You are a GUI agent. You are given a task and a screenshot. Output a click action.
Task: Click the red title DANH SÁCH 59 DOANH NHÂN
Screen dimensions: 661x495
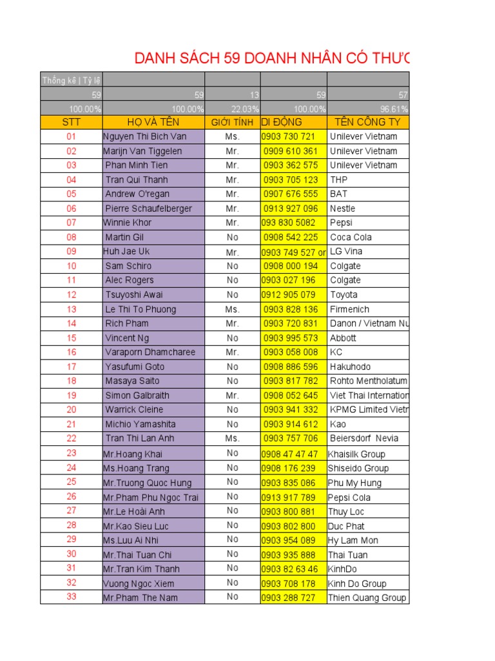(x=271, y=59)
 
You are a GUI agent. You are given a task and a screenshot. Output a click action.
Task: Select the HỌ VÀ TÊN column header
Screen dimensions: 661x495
(x=153, y=122)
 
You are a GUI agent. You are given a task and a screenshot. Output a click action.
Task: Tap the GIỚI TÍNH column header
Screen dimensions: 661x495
(x=233, y=122)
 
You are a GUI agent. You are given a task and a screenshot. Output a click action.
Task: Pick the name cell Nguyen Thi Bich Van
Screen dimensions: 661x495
(x=144, y=136)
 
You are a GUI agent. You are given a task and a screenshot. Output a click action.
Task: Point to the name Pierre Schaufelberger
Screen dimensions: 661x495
(x=148, y=208)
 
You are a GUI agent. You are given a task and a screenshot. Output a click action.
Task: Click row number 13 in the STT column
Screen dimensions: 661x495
(x=71, y=309)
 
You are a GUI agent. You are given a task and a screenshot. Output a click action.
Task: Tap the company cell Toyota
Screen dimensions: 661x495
(x=344, y=294)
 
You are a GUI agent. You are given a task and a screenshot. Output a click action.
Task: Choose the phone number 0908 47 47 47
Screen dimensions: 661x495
(x=289, y=454)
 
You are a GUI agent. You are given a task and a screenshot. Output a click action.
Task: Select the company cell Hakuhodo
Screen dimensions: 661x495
(x=352, y=367)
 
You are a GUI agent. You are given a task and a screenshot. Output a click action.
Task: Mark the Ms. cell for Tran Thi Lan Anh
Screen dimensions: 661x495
(x=233, y=438)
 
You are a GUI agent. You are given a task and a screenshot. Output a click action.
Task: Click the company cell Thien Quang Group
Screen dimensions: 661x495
(x=367, y=598)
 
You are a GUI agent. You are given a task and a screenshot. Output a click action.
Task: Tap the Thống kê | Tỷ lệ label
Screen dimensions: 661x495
(x=71, y=80)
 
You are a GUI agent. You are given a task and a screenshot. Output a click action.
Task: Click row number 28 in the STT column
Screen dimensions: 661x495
(x=71, y=525)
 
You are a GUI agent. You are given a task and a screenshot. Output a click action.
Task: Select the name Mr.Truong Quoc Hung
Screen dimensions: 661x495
(x=147, y=483)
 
